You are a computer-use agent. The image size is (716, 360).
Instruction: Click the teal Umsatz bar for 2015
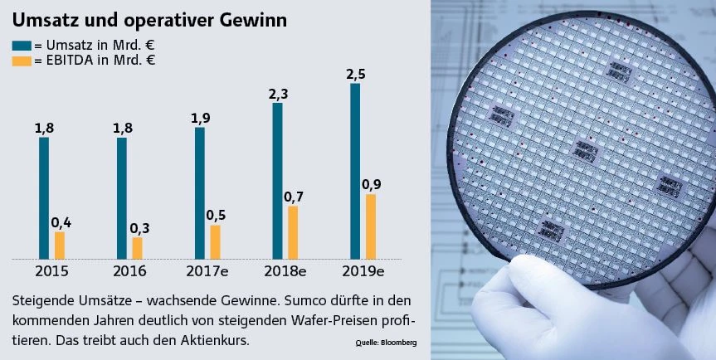coord(44,197)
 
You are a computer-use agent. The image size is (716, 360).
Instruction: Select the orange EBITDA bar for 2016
coord(137,248)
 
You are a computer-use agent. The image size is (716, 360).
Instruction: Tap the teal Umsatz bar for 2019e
coord(355,171)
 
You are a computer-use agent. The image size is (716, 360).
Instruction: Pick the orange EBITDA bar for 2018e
coord(293,232)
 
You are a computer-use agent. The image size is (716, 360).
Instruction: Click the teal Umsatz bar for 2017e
coord(199,192)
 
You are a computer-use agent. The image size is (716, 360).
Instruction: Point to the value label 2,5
coord(355,74)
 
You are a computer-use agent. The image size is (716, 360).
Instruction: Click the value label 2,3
coord(278,94)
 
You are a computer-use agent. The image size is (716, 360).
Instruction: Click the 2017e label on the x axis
coord(204,271)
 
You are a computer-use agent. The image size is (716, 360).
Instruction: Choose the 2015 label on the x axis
coord(51,271)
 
